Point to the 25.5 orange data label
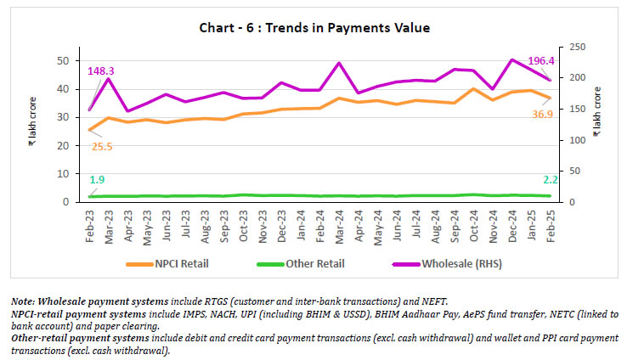click(103, 146)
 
